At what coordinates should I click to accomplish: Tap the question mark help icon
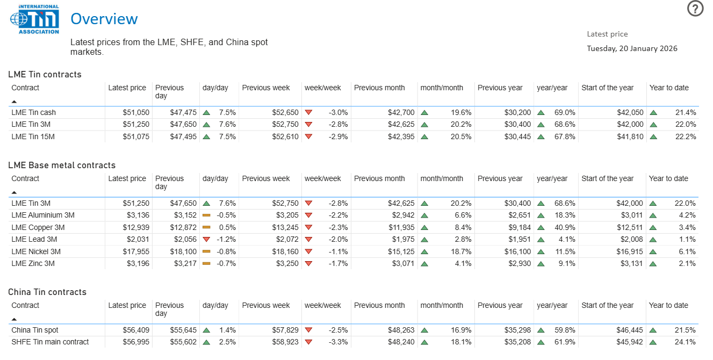pos(695,9)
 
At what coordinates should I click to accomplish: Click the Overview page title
pos(104,19)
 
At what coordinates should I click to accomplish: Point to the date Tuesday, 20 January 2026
pos(632,48)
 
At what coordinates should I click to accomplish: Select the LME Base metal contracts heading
pos(62,165)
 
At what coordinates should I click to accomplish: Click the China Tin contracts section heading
pos(47,292)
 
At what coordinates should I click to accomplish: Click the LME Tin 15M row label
pos(33,136)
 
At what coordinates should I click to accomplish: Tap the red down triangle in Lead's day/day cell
pos(206,240)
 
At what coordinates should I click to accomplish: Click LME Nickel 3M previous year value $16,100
pos(517,251)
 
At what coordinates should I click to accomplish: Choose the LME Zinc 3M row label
pos(33,263)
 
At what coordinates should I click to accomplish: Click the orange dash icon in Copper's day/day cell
pos(206,227)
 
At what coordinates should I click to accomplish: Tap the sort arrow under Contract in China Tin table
pos(14,319)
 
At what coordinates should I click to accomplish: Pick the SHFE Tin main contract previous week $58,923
pos(284,342)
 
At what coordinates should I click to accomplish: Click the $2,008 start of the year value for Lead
pos(630,240)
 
